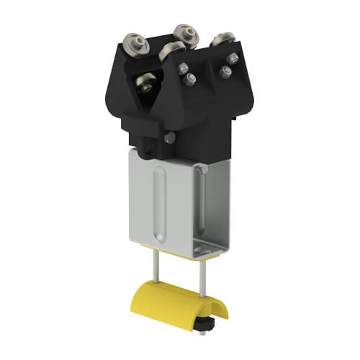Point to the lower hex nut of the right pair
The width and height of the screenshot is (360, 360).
pyautogui.click(x=225, y=71)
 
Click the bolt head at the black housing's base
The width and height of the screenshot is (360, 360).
pyautogui.click(x=170, y=139)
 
